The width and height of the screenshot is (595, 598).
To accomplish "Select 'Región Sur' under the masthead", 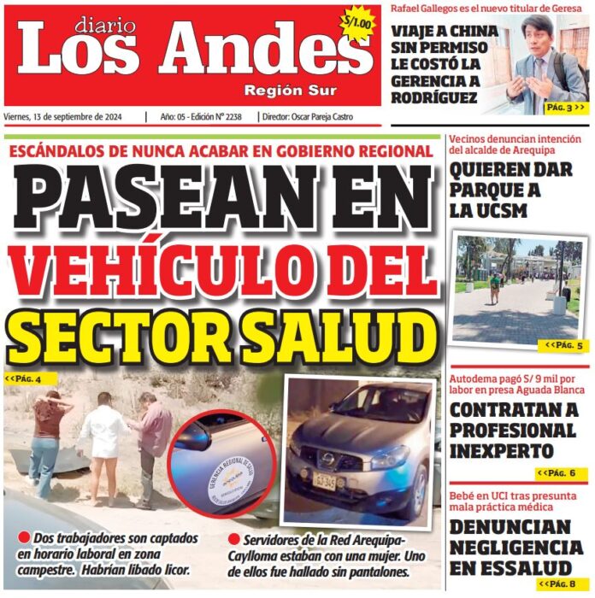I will [x=290, y=91].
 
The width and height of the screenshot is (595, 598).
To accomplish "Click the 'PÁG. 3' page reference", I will [x=565, y=108].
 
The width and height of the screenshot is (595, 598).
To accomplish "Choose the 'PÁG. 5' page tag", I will [x=565, y=346].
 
